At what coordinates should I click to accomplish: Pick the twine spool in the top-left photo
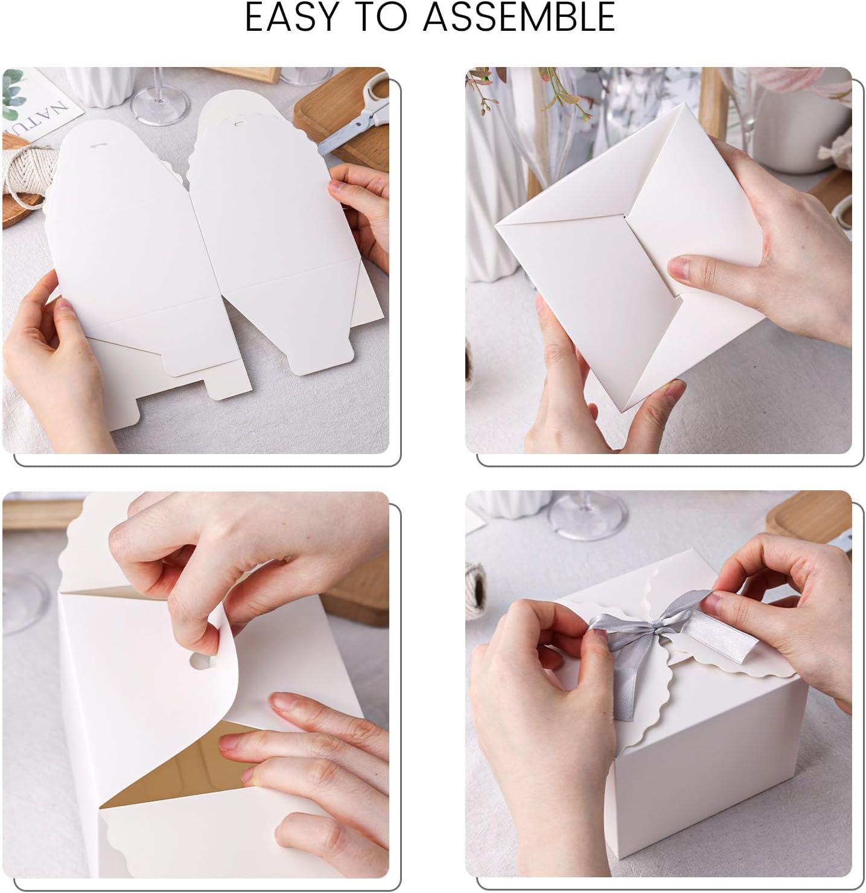[x=21, y=175]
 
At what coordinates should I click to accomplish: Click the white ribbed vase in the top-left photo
[x=97, y=85]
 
